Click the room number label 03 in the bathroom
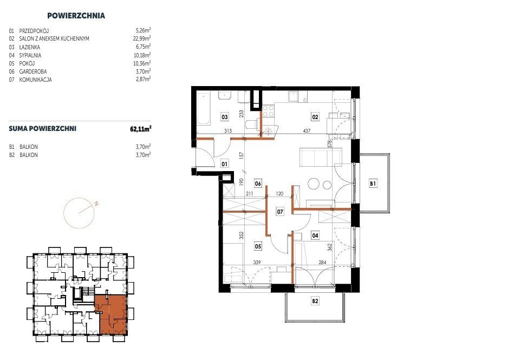pyautogui.click(x=225, y=116)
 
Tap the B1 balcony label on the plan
pyautogui.click(x=373, y=184)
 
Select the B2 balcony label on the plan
pyautogui.click(x=315, y=301)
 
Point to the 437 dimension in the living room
pyautogui.click(x=307, y=131)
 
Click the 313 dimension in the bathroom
pyautogui.click(x=228, y=131)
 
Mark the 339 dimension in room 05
pyautogui.click(x=257, y=262)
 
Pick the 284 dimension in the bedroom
pyautogui.click(x=322, y=262)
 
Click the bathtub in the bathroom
pyautogui.click(x=204, y=109)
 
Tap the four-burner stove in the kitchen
pyautogui.click(x=268, y=111)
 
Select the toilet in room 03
pyautogui.click(x=252, y=125)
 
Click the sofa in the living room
pyautogui.click(x=321, y=158)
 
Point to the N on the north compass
pyautogui.click(x=96, y=204)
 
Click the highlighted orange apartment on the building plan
pyautogui.click(x=112, y=315)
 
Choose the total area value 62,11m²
pyautogui.click(x=141, y=129)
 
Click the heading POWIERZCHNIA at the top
pyautogui.click(x=76, y=16)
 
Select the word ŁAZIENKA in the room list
pyautogui.click(x=30, y=47)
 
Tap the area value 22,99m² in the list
pyautogui.click(x=142, y=38)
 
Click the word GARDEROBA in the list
pyautogui.click(x=33, y=71)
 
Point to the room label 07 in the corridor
pyautogui.click(x=280, y=212)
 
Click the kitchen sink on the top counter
pyautogui.click(x=294, y=96)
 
